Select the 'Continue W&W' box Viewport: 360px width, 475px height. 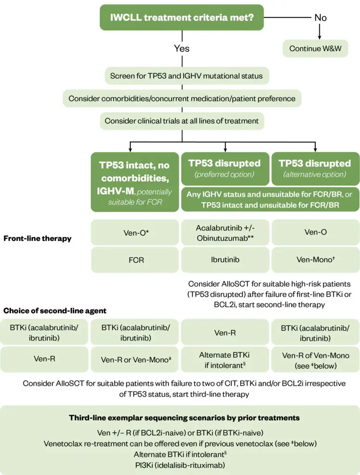click(315, 48)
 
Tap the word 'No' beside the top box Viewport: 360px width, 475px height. click(320, 18)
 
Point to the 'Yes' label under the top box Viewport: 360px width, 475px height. click(181, 48)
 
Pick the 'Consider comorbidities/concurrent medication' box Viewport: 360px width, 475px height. click(182, 98)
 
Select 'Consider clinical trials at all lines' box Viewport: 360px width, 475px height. click(182, 121)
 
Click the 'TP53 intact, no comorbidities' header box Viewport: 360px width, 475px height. click(135, 182)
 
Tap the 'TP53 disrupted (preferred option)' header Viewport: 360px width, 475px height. click(225, 168)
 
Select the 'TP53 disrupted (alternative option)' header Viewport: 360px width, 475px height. click(315, 168)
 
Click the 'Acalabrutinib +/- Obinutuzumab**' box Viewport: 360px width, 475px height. click(225, 232)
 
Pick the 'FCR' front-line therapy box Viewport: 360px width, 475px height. click(135, 260)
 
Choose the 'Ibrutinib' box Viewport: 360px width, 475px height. click(225, 260)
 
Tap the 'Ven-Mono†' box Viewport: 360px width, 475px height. click(315, 260)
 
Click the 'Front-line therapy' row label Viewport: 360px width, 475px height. click(38, 238)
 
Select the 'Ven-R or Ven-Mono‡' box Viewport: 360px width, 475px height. click(135, 359)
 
